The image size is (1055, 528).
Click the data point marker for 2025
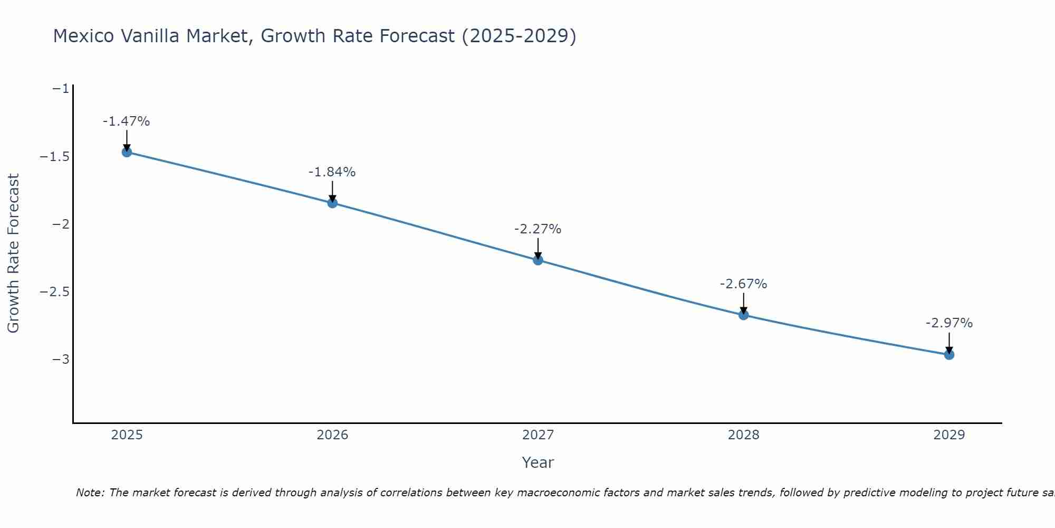point(127,152)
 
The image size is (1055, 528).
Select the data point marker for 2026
point(332,203)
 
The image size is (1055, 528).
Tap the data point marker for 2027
point(538,260)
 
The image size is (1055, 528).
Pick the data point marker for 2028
point(743,315)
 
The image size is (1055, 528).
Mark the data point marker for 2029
point(949,355)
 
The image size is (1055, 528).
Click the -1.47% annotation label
point(127,121)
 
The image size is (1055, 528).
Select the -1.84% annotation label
point(332,172)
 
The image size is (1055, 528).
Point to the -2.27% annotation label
point(538,229)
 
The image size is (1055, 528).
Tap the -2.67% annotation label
point(743,284)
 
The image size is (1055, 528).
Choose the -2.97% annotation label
point(949,323)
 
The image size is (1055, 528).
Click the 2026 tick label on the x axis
point(332,435)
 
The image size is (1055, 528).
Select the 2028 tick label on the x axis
point(743,435)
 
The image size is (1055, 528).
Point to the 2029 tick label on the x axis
point(949,435)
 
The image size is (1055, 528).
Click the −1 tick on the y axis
point(61,89)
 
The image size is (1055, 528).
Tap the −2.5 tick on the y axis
point(54,292)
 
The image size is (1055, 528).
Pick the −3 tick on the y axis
point(61,360)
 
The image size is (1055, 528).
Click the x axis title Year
point(538,463)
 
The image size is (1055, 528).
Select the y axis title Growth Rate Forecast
point(13,253)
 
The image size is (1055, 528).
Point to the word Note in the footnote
point(90,493)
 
